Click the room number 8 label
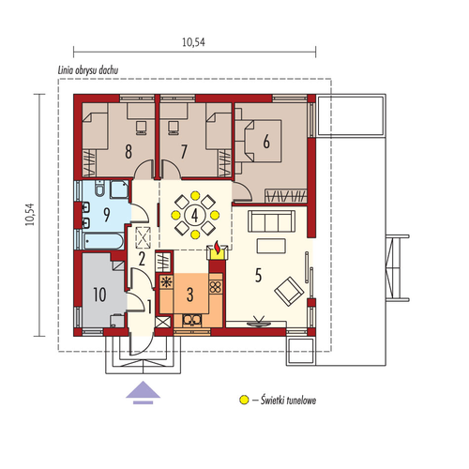coord(129,152)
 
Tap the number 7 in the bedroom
coord(184,152)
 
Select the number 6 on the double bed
coord(266,142)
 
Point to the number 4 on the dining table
coord(195,215)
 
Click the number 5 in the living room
coord(258,276)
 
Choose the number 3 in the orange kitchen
coord(189,295)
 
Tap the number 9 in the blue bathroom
coord(107,215)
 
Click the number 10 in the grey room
coord(99,295)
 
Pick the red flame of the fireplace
coord(217,247)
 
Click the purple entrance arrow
coord(143,392)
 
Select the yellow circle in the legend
coord(244,400)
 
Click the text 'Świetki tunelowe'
coord(288,400)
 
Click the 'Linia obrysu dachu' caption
coord(88,70)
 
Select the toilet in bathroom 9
coord(99,188)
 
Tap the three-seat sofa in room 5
coord(271,221)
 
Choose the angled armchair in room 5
coord(289,292)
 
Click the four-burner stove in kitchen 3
coord(216,287)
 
